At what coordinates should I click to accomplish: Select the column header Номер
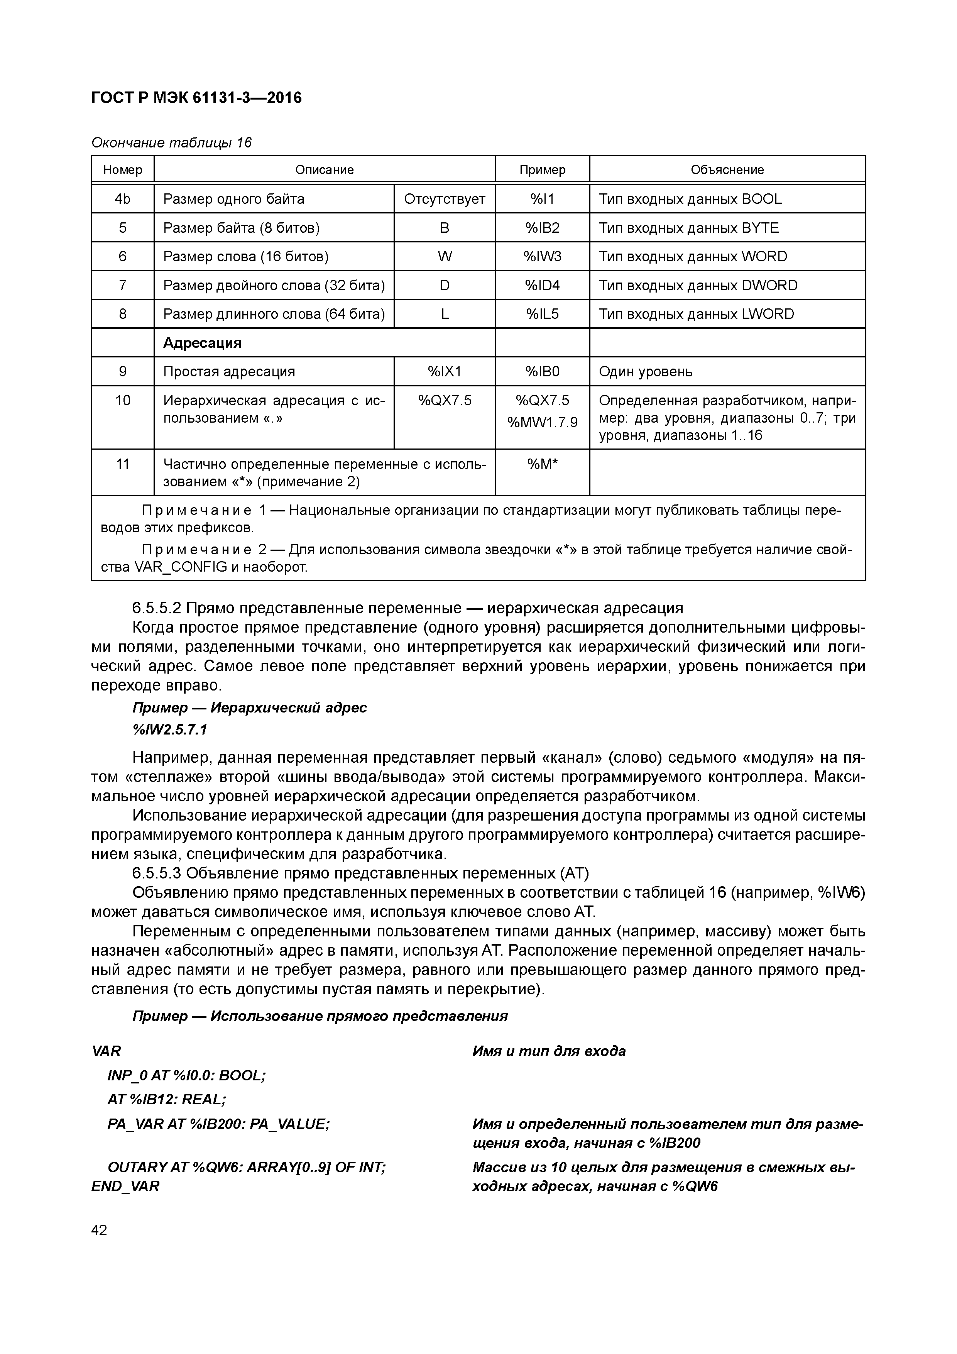[123, 170]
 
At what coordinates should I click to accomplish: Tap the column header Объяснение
[727, 170]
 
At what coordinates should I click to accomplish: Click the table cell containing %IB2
[542, 228]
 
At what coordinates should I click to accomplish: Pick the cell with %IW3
[542, 257]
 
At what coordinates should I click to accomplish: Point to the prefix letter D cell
[445, 285]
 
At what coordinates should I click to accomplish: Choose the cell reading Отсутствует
[445, 199]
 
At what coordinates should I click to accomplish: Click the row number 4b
[123, 199]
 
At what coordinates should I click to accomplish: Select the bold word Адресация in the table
[202, 343]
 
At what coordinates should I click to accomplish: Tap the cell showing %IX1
[445, 372]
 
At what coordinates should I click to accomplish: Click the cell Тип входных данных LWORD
[697, 314]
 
